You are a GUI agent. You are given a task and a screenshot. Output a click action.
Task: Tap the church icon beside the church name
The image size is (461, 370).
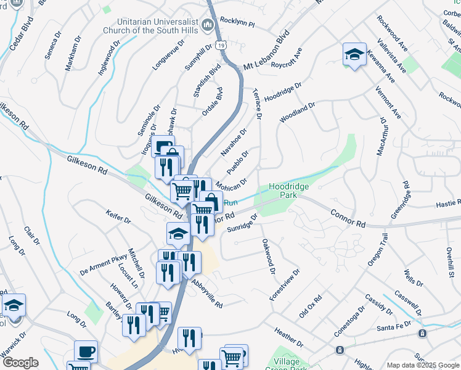pyautogui.click(x=208, y=26)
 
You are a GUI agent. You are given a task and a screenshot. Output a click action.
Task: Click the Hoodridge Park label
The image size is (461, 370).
pyautogui.click(x=288, y=190)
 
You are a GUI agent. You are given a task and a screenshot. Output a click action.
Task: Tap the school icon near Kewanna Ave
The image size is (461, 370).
pyautogui.click(x=354, y=54)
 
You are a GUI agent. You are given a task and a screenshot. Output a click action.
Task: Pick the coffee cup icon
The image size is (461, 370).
pyautogui.click(x=86, y=352)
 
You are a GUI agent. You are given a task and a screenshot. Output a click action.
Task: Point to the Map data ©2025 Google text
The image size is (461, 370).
pyautogui.click(x=422, y=365)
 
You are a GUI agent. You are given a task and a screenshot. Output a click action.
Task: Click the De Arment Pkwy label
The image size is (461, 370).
pyautogui.click(x=99, y=265)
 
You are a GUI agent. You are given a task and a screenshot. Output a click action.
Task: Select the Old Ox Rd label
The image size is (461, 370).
pyautogui.click(x=311, y=307)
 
